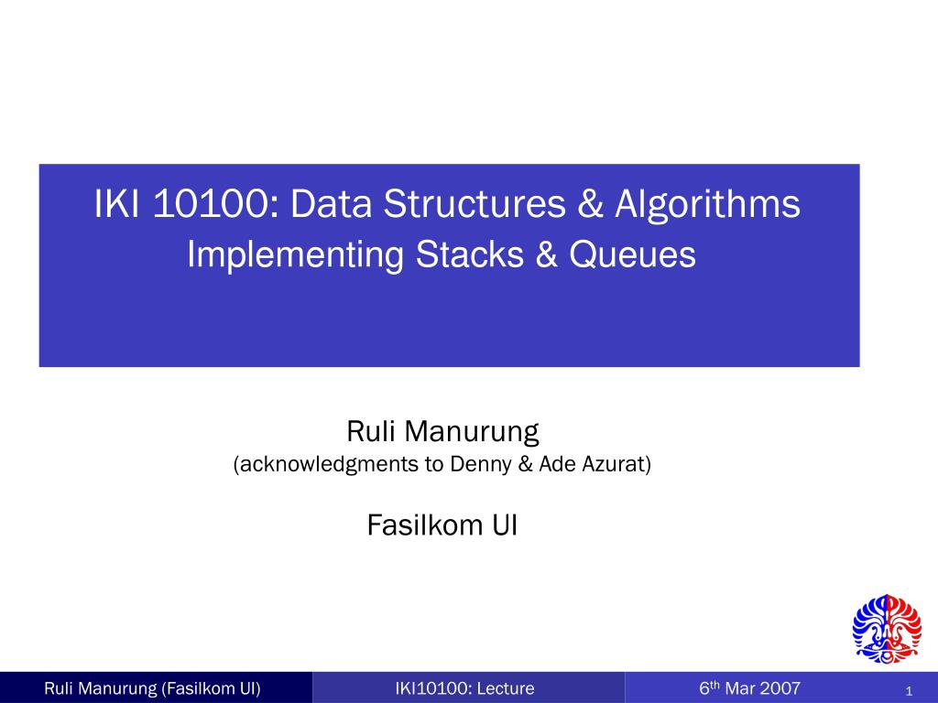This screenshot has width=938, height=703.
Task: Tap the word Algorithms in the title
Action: pos(707,205)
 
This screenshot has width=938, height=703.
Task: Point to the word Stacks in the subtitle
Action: pos(469,255)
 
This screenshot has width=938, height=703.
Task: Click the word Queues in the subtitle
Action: pos(633,255)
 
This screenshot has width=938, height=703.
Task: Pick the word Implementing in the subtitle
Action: pos(295,255)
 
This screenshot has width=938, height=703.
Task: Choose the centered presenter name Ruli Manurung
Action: pos(442,429)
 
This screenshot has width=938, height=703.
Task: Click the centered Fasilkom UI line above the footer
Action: pos(442,525)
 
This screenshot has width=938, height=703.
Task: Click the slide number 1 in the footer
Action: pos(906,690)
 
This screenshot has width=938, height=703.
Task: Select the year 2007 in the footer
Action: pos(780,688)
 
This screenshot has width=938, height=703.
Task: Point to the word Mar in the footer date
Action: pos(740,688)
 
